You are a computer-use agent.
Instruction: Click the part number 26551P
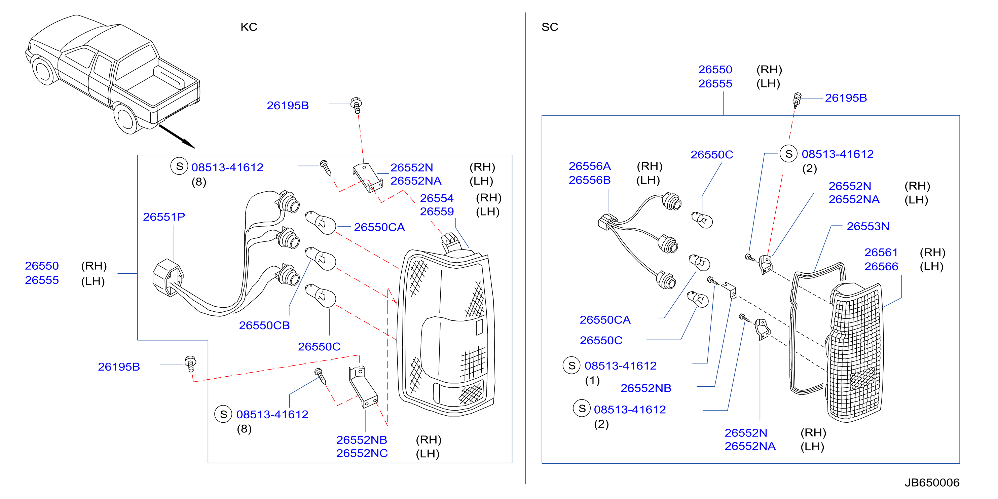[x=164, y=217]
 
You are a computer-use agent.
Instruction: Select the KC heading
[x=249, y=27]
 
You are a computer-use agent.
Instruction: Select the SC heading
[x=550, y=27]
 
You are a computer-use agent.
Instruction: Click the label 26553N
[x=868, y=226]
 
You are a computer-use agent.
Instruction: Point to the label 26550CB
[x=264, y=325]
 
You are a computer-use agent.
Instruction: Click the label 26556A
[x=590, y=166]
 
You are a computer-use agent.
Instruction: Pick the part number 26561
[x=881, y=253]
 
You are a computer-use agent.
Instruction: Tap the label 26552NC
[x=362, y=453]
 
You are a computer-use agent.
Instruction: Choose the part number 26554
[x=437, y=198]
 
